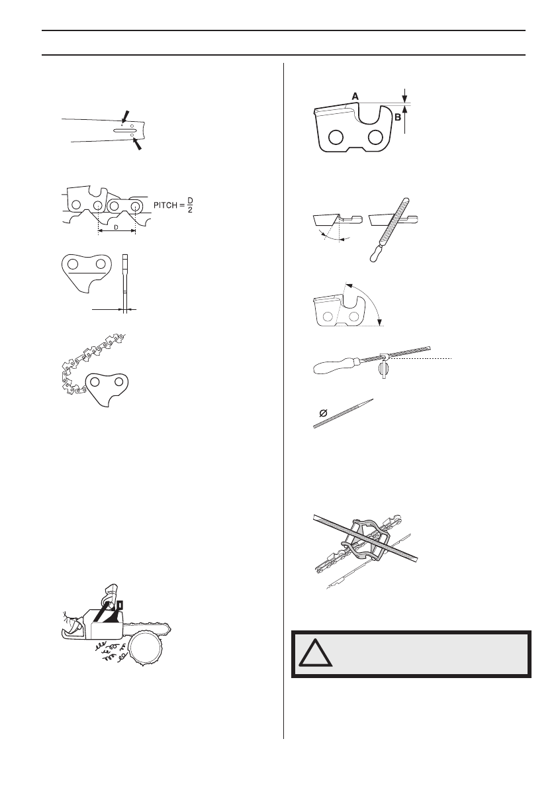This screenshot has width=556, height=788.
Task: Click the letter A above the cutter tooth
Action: click(x=355, y=96)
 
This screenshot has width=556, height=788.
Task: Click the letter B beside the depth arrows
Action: click(x=398, y=116)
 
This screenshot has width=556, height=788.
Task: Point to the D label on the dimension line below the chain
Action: click(x=116, y=228)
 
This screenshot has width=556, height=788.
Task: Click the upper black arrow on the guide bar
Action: click(x=126, y=117)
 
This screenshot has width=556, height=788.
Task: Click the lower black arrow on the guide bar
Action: click(x=136, y=142)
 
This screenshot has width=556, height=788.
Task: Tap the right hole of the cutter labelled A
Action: click(x=376, y=137)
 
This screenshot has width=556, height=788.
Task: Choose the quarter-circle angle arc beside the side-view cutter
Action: click(x=371, y=301)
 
